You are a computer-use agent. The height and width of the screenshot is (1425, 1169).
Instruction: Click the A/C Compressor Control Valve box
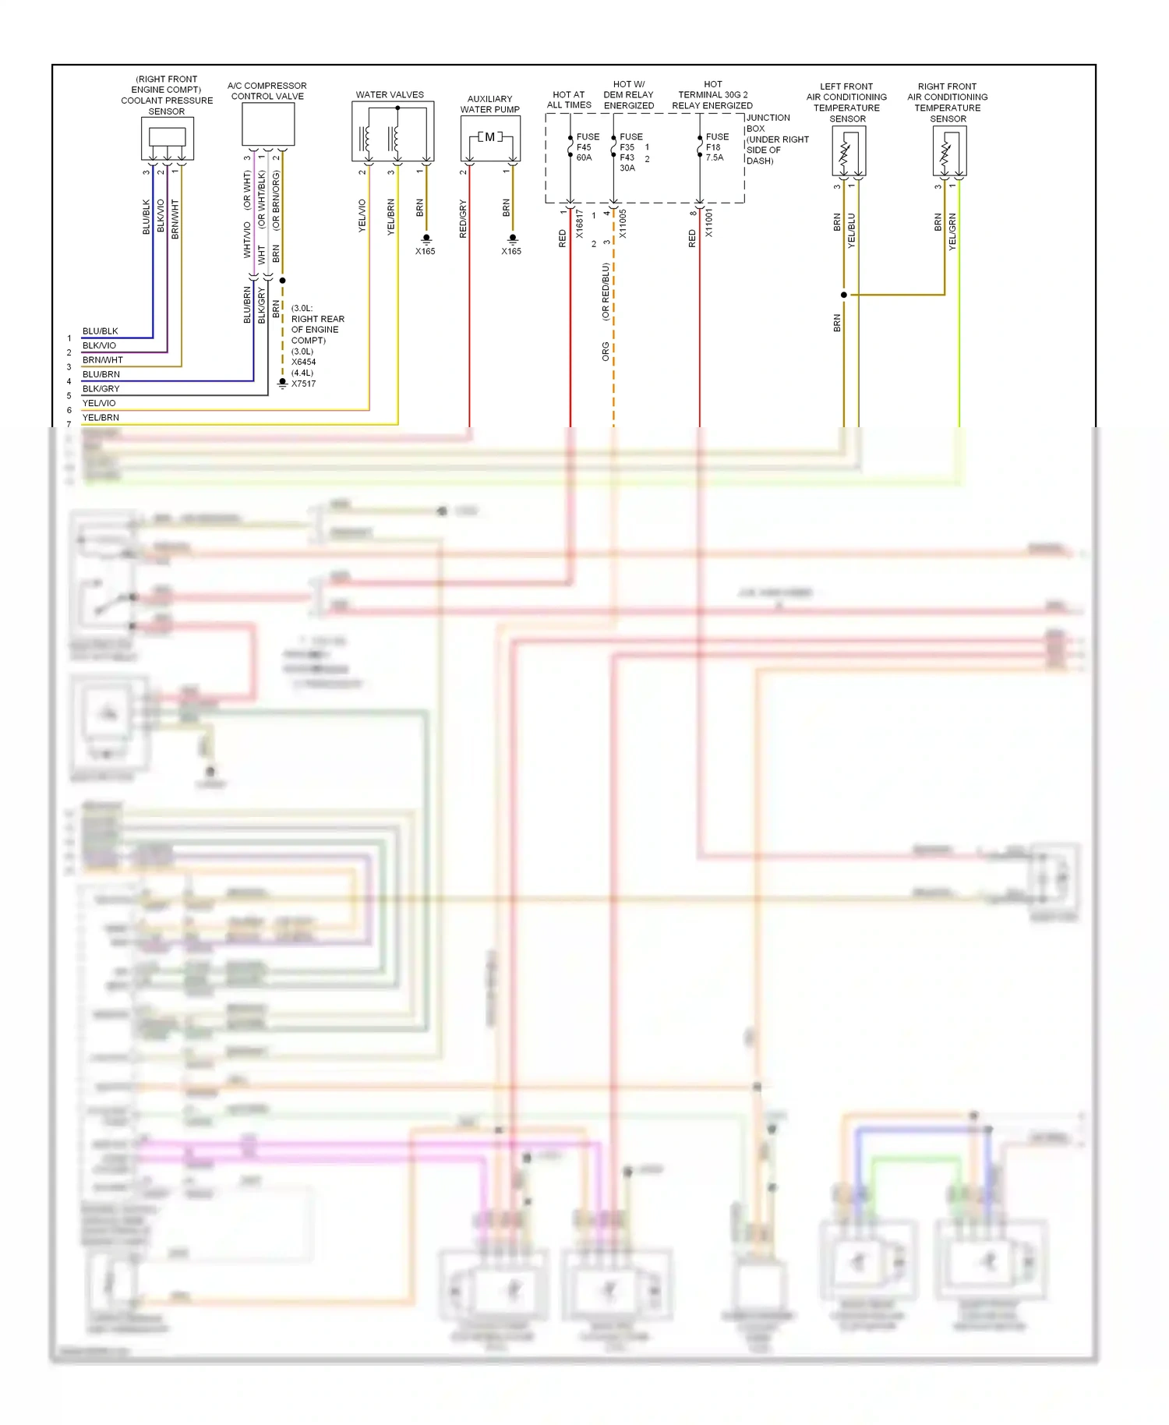(x=268, y=124)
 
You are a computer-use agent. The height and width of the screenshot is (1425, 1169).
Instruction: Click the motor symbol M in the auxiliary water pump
(x=489, y=137)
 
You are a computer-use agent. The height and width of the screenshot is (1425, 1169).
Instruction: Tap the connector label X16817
(x=579, y=225)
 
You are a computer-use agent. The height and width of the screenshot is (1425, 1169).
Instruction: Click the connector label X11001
(x=709, y=223)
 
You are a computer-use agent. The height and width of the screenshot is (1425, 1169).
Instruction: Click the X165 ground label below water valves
(x=425, y=251)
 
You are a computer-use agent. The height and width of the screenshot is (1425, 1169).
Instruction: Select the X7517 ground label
(x=303, y=384)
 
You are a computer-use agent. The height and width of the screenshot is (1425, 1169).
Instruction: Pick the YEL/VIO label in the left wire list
(x=99, y=403)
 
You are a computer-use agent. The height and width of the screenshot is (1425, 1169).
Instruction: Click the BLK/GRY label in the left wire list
(x=101, y=388)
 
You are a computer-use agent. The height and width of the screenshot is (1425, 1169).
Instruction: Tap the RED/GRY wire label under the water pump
(x=463, y=219)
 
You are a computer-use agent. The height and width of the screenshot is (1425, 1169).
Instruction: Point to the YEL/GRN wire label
(x=952, y=231)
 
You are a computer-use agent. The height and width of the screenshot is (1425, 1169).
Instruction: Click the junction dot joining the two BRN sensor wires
(x=843, y=295)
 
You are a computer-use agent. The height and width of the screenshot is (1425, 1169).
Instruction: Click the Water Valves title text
(x=390, y=95)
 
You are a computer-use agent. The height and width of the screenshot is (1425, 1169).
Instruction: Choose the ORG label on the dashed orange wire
(x=606, y=351)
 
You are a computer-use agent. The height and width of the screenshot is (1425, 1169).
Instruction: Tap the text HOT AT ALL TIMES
(x=569, y=100)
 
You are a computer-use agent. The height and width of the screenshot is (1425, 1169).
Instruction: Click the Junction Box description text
(x=776, y=140)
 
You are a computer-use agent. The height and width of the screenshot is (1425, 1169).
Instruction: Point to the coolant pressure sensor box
(x=167, y=138)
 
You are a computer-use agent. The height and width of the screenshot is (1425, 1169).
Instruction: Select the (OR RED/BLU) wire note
(x=606, y=292)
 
